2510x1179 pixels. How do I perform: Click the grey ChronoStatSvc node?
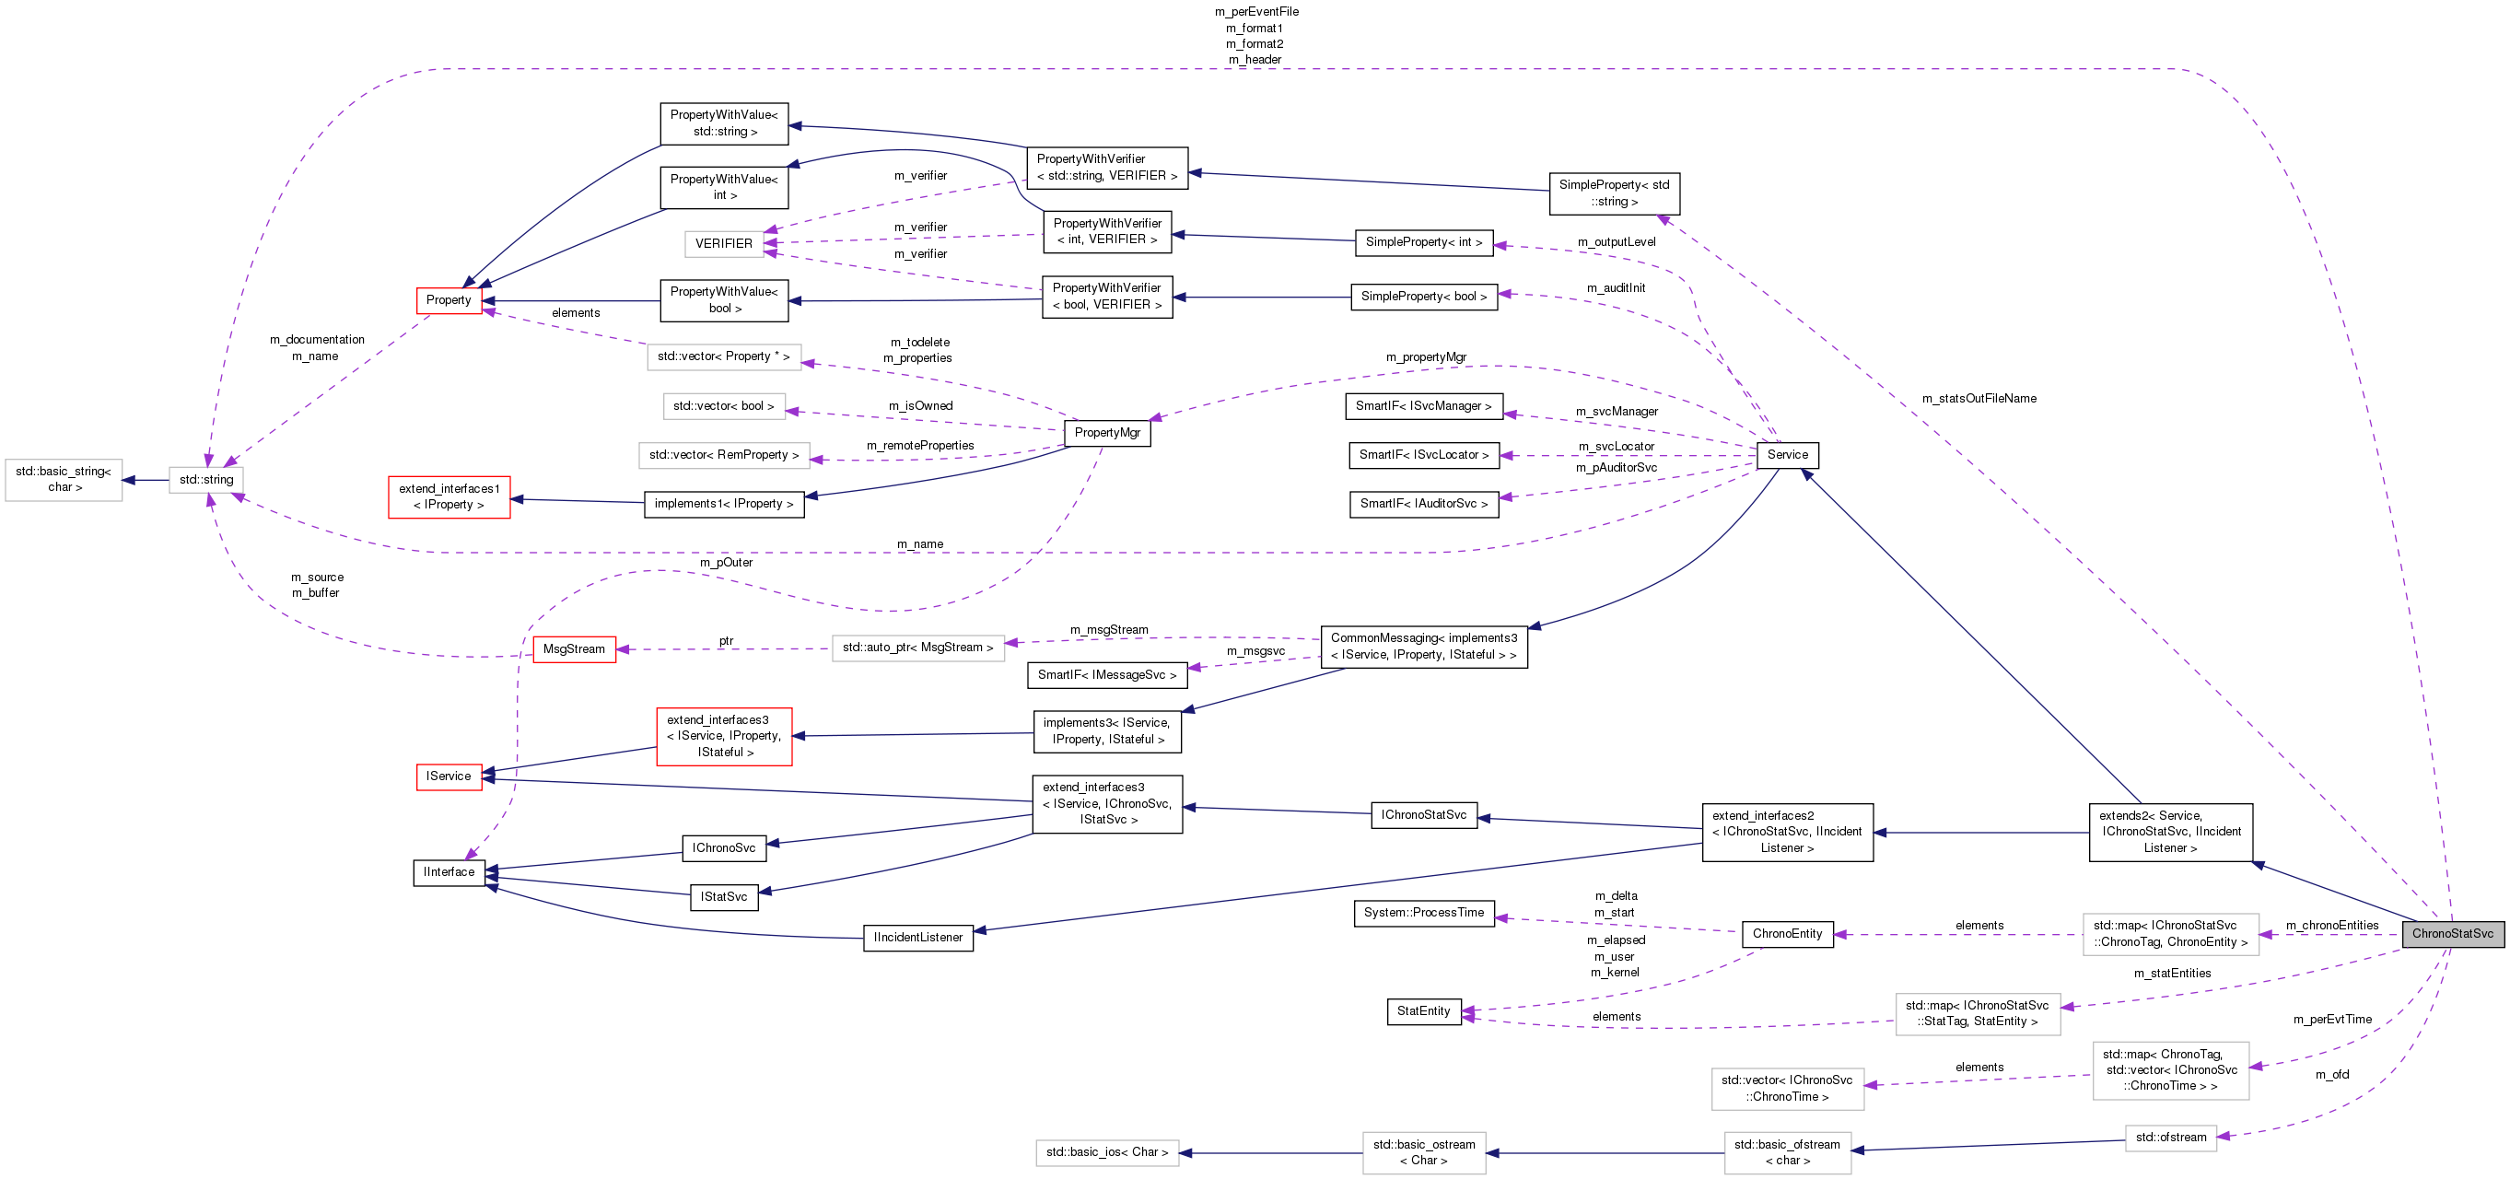coord(2452,933)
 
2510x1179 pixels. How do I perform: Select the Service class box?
coord(1787,455)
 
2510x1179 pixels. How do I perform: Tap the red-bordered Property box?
coord(449,300)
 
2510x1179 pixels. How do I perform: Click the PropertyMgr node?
coord(1107,433)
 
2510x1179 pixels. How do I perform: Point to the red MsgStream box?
coord(574,649)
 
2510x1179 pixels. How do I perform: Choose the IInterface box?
coord(449,872)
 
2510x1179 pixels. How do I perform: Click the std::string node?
coord(206,479)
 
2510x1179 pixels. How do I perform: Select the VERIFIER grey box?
coord(723,243)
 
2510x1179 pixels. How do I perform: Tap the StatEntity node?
coord(1424,1011)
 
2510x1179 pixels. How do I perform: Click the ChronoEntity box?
coord(1787,933)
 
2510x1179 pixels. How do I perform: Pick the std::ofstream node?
coord(2170,1138)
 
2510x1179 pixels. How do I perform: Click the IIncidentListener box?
coord(917,938)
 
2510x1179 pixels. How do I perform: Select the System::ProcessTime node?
coord(1424,913)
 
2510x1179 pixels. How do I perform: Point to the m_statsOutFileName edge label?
coord(1979,399)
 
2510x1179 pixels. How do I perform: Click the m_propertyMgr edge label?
coord(1426,357)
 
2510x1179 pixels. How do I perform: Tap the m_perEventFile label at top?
coord(1256,12)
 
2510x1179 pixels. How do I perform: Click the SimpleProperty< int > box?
coord(1424,242)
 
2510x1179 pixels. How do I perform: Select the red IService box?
coord(449,776)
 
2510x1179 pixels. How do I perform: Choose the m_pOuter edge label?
coord(726,562)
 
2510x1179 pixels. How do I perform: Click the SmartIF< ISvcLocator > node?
coord(1424,455)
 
